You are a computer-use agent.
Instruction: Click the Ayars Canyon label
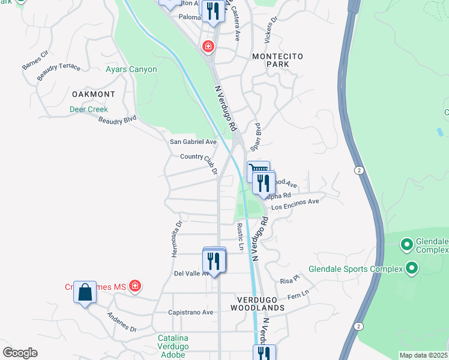(131, 70)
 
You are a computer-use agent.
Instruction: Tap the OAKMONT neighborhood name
(93, 94)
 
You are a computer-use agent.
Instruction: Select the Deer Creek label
(88, 109)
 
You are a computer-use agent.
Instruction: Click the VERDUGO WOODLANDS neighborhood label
(258, 303)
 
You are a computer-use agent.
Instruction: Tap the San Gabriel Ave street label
(193, 142)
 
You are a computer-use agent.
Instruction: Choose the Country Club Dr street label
(199, 162)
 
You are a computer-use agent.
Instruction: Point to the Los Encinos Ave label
(295, 202)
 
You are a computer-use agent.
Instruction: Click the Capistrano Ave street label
(191, 312)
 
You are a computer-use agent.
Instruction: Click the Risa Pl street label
(289, 280)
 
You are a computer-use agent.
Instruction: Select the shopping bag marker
(85, 293)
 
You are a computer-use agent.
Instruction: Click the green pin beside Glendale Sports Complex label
(412, 268)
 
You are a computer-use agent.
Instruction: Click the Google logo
(20, 353)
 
